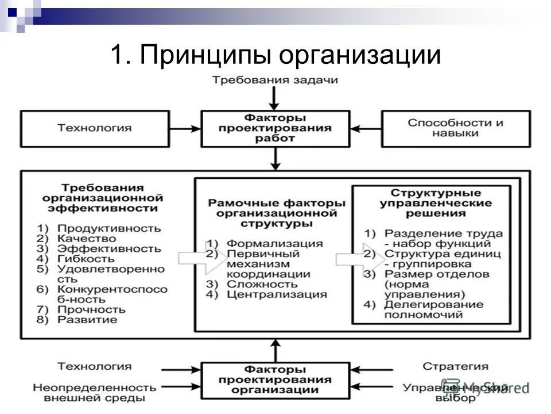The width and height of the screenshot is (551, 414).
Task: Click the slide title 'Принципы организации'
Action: coord(275,56)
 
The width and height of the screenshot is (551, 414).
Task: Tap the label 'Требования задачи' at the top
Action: coord(275,80)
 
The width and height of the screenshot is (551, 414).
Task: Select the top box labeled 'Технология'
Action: coord(94,128)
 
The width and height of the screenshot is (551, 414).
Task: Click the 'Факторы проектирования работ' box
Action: coord(275,128)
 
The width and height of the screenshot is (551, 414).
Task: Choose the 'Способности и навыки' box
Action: coord(455,128)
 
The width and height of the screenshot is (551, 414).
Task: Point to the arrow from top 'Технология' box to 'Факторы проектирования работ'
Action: coord(184,128)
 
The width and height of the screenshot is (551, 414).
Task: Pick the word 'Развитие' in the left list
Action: coord(87,320)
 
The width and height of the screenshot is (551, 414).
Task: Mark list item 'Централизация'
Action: coord(277,294)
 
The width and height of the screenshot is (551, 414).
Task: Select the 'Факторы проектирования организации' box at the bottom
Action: coord(275,379)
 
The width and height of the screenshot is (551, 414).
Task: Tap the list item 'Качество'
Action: coord(87,238)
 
